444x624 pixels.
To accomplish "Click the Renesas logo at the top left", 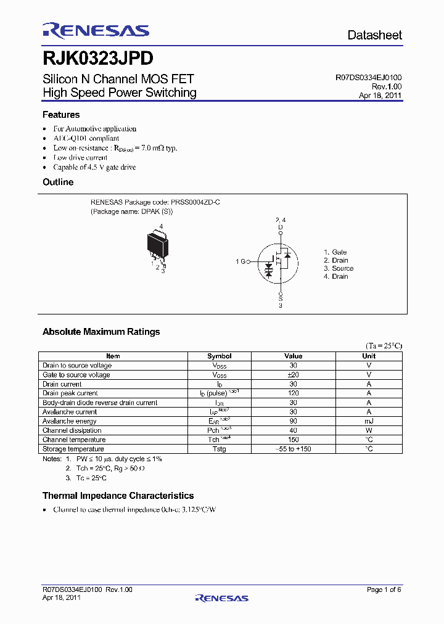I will (96, 31).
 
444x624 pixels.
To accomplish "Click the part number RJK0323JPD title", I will (98, 59).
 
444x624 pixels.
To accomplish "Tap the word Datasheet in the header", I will (374, 35).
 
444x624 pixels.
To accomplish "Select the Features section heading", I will (61, 115).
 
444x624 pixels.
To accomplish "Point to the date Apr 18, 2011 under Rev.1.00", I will (380, 96).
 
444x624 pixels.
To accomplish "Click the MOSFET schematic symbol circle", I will (280, 261).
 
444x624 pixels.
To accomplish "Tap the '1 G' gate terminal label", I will (241, 261).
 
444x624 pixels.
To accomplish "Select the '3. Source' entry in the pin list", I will (339, 268).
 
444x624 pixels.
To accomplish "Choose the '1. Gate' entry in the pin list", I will (335, 252).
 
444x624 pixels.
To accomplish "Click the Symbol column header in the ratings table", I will (219, 356).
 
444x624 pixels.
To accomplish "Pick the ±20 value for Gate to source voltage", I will (293, 375).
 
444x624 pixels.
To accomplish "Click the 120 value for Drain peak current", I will (293, 393).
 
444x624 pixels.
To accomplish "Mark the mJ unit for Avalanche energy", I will (369, 421).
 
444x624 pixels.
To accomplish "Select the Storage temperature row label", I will (73, 449).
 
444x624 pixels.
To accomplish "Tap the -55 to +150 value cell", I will (293, 449).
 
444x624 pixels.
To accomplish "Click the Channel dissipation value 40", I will (293, 430).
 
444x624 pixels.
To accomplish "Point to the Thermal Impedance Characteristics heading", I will (118, 496).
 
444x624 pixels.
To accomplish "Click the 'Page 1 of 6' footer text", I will (384, 590).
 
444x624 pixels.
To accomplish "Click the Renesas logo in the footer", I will (221, 597).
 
